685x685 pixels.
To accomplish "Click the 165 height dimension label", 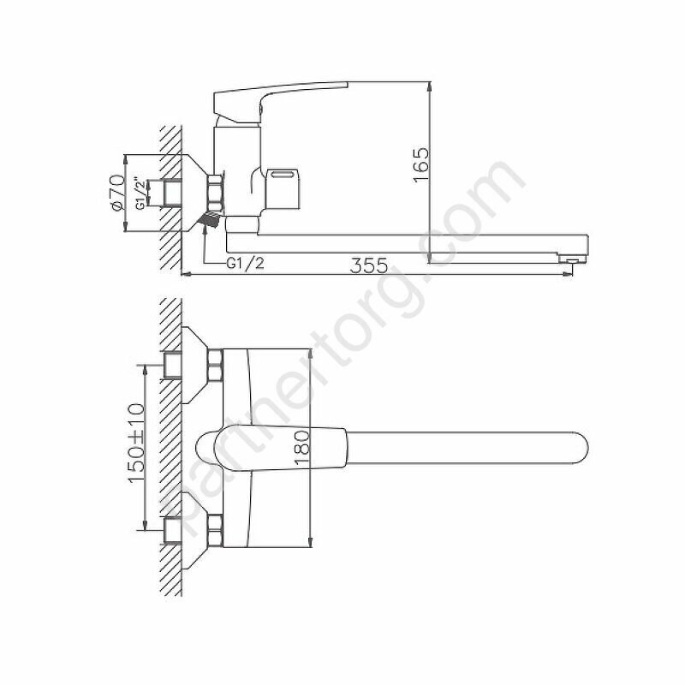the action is (x=421, y=165).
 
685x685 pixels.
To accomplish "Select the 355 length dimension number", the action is (x=369, y=265).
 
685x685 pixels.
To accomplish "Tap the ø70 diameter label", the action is (x=116, y=193).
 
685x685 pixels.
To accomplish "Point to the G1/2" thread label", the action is (x=140, y=194).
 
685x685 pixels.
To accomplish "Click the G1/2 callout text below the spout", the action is (x=245, y=264).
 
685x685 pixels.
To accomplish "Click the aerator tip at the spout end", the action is (x=572, y=259).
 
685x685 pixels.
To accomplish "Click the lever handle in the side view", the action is (x=280, y=101).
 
